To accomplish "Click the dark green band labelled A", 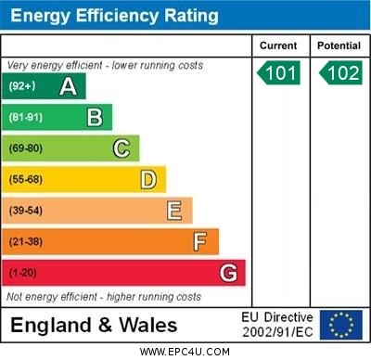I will pyautogui.click(x=44, y=86).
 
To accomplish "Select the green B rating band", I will pyautogui.click(x=57, y=117).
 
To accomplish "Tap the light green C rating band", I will pyautogui.click(x=70, y=148).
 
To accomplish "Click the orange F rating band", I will pyautogui.click(x=110, y=242).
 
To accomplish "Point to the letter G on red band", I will pyautogui.click(x=228, y=273).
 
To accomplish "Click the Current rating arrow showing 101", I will pyautogui.click(x=279, y=72).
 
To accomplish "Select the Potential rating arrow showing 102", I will pyautogui.click(x=339, y=72).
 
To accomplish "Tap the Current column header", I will pyautogui.click(x=278, y=45).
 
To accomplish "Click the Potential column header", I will pyautogui.click(x=339, y=45).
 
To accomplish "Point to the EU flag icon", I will pyautogui.click(x=340, y=325).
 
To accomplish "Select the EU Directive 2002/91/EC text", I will pyautogui.click(x=277, y=325).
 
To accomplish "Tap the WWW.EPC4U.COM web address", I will pyautogui.click(x=186, y=352).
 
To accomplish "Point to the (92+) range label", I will pyautogui.click(x=22, y=86).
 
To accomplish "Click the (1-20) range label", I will pyautogui.click(x=23, y=274).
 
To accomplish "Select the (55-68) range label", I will pyautogui.click(x=27, y=180).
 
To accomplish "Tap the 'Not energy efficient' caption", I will pyautogui.click(x=103, y=297).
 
